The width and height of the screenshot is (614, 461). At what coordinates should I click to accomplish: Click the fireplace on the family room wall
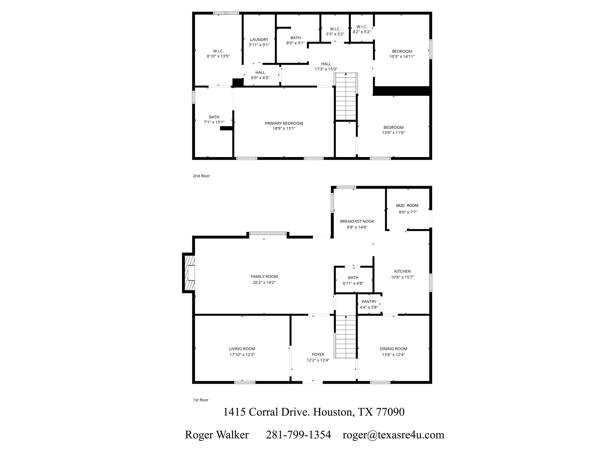(189, 273)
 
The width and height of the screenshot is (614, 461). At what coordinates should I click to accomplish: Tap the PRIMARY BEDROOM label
(284, 123)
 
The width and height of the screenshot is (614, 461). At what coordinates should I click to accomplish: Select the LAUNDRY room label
(259, 40)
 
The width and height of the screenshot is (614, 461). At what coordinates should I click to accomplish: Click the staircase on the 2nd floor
(346, 96)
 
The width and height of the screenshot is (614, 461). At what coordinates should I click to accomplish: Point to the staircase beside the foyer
(346, 337)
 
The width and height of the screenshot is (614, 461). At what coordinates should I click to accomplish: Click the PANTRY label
(369, 302)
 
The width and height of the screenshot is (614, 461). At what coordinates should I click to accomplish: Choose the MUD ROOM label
(407, 206)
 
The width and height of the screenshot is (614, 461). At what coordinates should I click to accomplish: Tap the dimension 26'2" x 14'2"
(264, 282)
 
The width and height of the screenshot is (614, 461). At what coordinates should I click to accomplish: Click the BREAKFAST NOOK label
(357, 221)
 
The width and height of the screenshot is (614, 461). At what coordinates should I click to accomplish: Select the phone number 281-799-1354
(298, 435)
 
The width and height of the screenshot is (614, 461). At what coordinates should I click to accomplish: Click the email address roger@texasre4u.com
(393, 435)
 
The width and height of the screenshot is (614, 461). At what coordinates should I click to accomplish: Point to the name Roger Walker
(217, 435)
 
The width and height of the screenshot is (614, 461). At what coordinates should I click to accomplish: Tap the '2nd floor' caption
(201, 176)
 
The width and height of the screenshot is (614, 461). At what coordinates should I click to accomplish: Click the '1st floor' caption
(201, 400)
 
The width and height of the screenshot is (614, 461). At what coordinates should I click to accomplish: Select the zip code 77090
(390, 412)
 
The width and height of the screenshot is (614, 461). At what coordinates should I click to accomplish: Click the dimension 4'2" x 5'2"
(362, 32)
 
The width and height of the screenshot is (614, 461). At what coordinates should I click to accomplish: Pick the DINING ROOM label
(393, 349)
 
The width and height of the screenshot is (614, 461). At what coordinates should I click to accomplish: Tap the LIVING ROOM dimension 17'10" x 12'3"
(242, 354)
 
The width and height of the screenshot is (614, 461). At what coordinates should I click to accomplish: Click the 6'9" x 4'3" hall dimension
(260, 78)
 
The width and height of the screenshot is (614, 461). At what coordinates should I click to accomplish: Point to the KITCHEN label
(402, 271)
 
